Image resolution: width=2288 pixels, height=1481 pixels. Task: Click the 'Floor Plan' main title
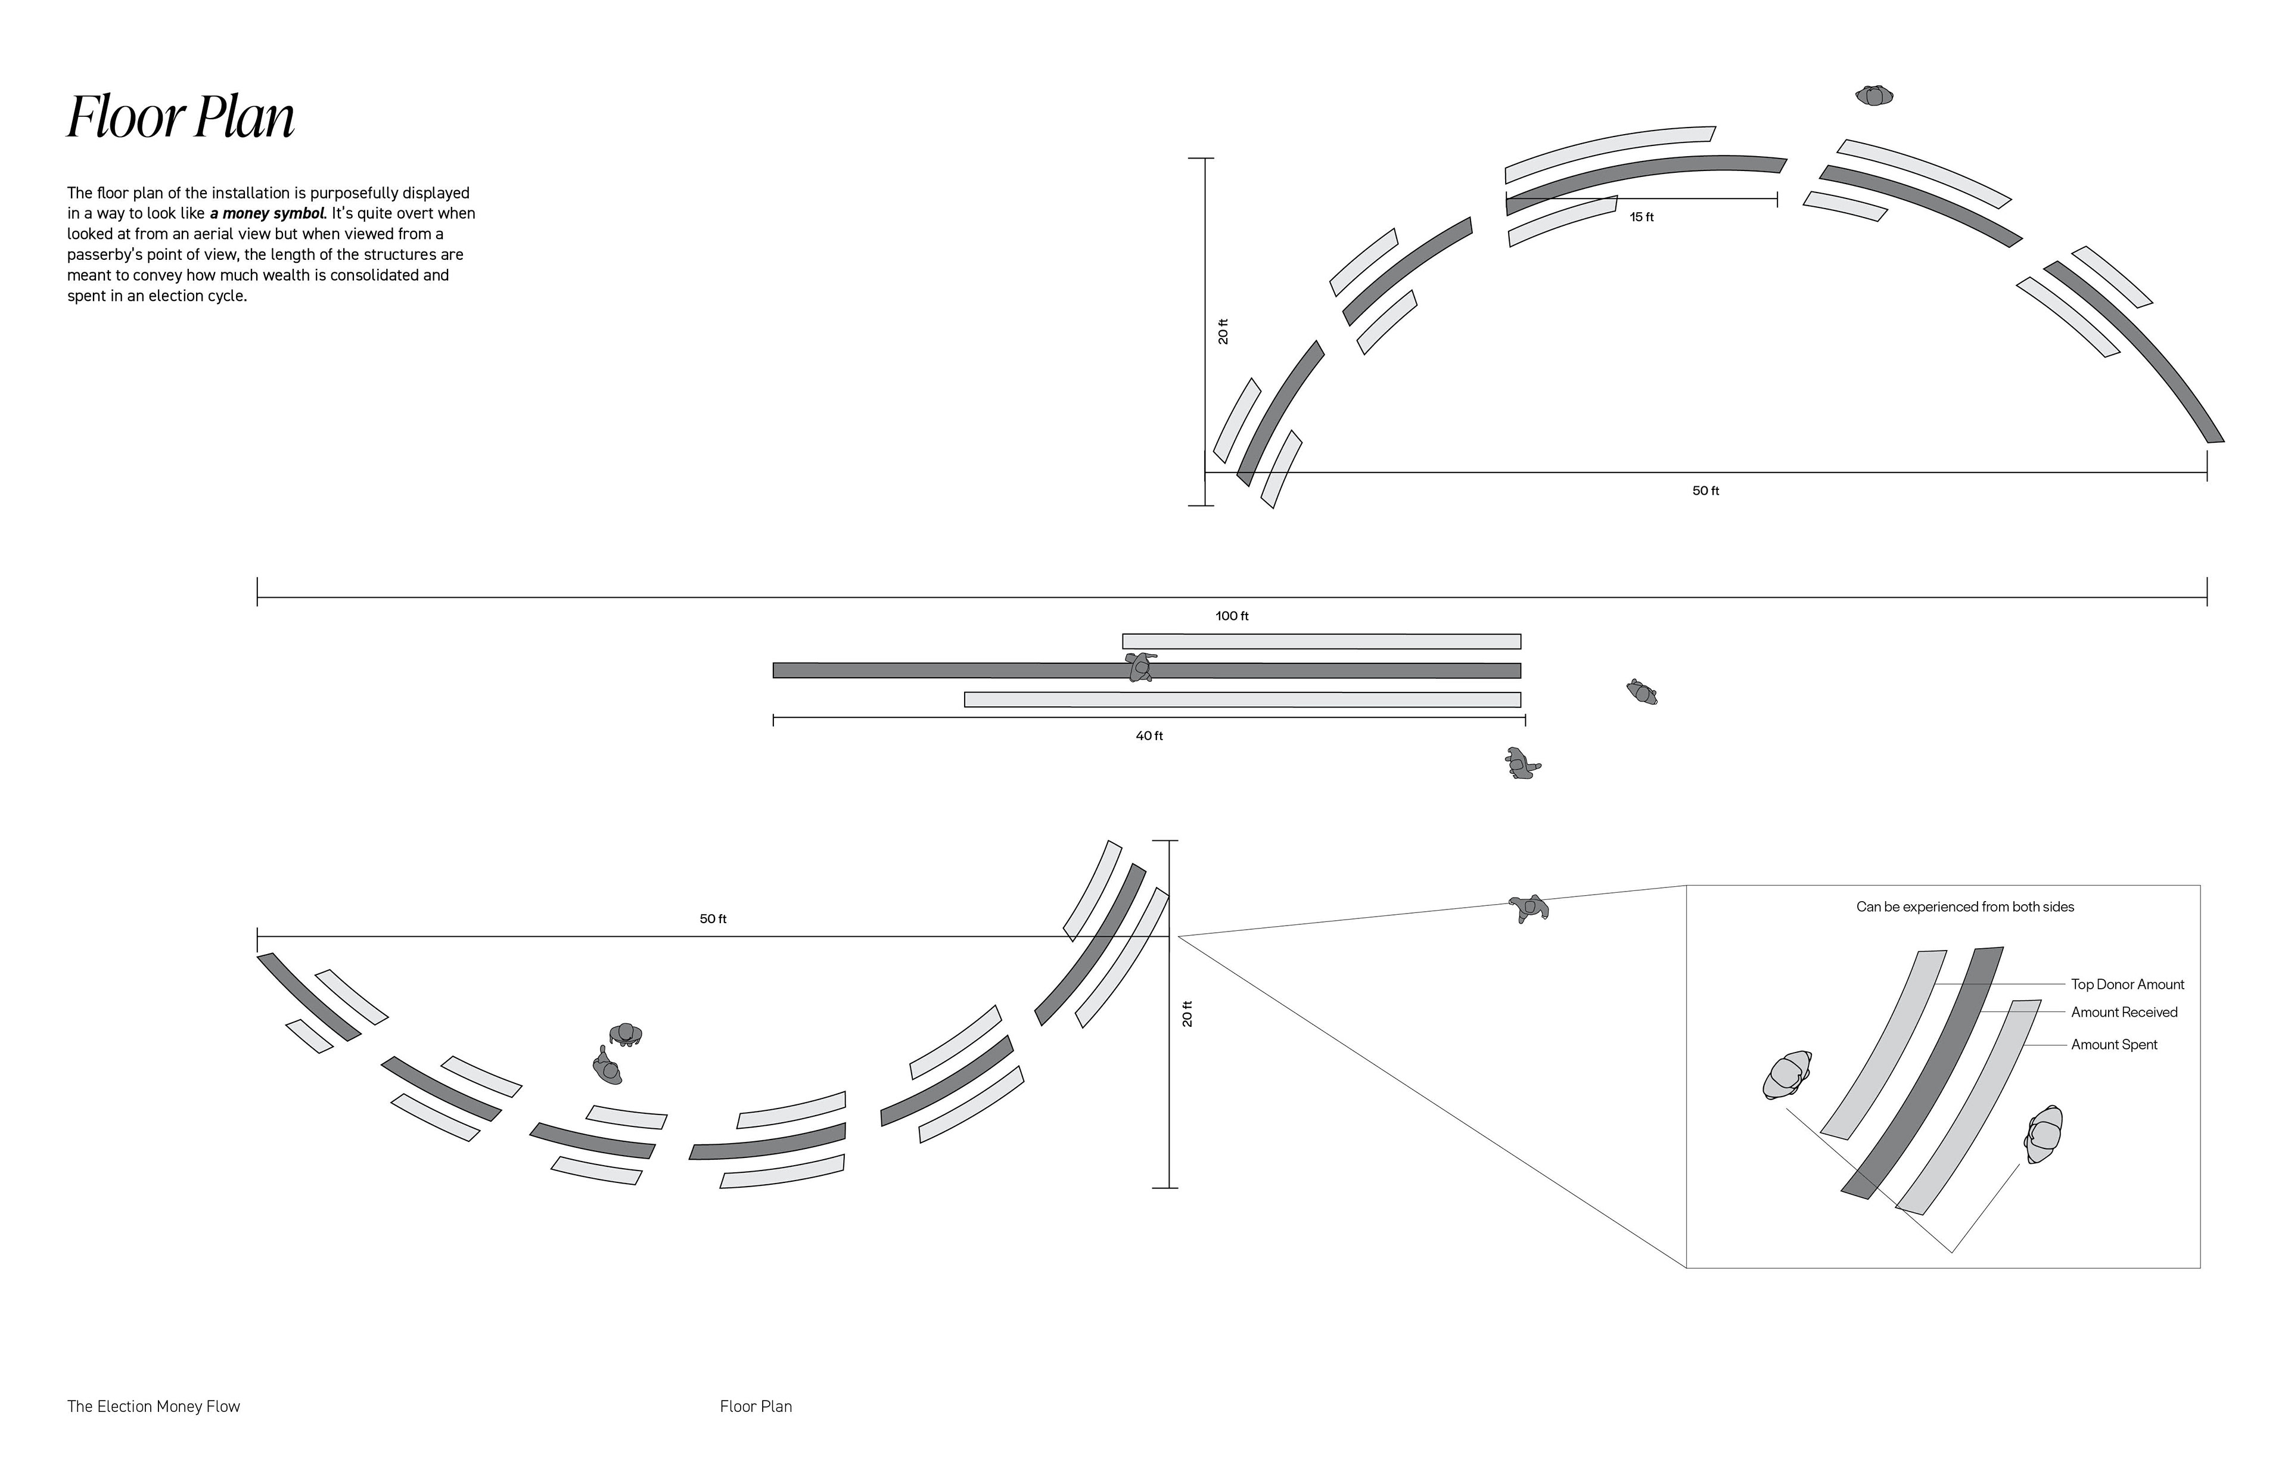click(x=181, y=118)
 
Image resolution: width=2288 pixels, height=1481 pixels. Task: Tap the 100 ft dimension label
click(x=1232, y=616)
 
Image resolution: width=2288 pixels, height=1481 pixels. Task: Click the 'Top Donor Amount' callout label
click(x=2128, y=985)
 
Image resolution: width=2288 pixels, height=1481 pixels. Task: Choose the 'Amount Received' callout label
click(x=2125, y=1013)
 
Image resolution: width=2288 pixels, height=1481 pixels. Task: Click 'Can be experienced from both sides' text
click(x=1965, y=908)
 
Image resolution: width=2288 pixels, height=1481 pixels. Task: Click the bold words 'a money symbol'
click(x=268, y=213)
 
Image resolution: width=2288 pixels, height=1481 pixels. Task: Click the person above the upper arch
click(x=1874, y=95)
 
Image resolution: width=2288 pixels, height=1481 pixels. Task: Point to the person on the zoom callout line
click(x=1528, y=908)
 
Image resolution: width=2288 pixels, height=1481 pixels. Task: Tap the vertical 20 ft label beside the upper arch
click(x=1223, y=331)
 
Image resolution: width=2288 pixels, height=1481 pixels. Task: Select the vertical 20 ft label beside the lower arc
click(x=1187, y=1014)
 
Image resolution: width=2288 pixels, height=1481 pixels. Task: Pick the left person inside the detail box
click(x=1787, y=1075)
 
